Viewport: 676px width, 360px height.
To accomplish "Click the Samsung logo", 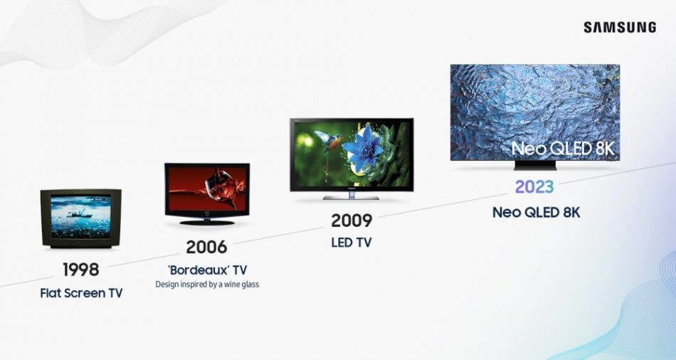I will (x=620, y=27).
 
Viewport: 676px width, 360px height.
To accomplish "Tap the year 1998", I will (x=80, y=270).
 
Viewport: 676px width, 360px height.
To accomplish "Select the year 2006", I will (x=206, y=248).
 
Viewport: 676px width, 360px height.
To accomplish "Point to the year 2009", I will (x=352, y=221).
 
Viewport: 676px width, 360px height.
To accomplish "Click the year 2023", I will (x=535, y=187).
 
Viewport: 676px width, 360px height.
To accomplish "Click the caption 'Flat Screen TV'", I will (x=81, y=292).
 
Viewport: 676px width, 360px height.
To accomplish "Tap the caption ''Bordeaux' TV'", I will (x=206, y=270).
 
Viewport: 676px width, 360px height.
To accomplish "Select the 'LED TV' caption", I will (x=352, y=243).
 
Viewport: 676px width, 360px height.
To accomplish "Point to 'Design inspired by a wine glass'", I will (x=207, y=285).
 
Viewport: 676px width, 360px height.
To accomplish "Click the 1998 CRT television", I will (x=80, y=217).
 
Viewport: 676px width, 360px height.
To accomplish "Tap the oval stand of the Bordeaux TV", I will (x=206, y=222).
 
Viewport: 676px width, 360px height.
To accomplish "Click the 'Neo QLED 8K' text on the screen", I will (x=562, y=149).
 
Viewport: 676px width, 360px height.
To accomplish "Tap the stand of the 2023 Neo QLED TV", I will (x=535, y=166).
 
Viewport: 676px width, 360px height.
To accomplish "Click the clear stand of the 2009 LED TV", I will (x=352, y=196).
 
